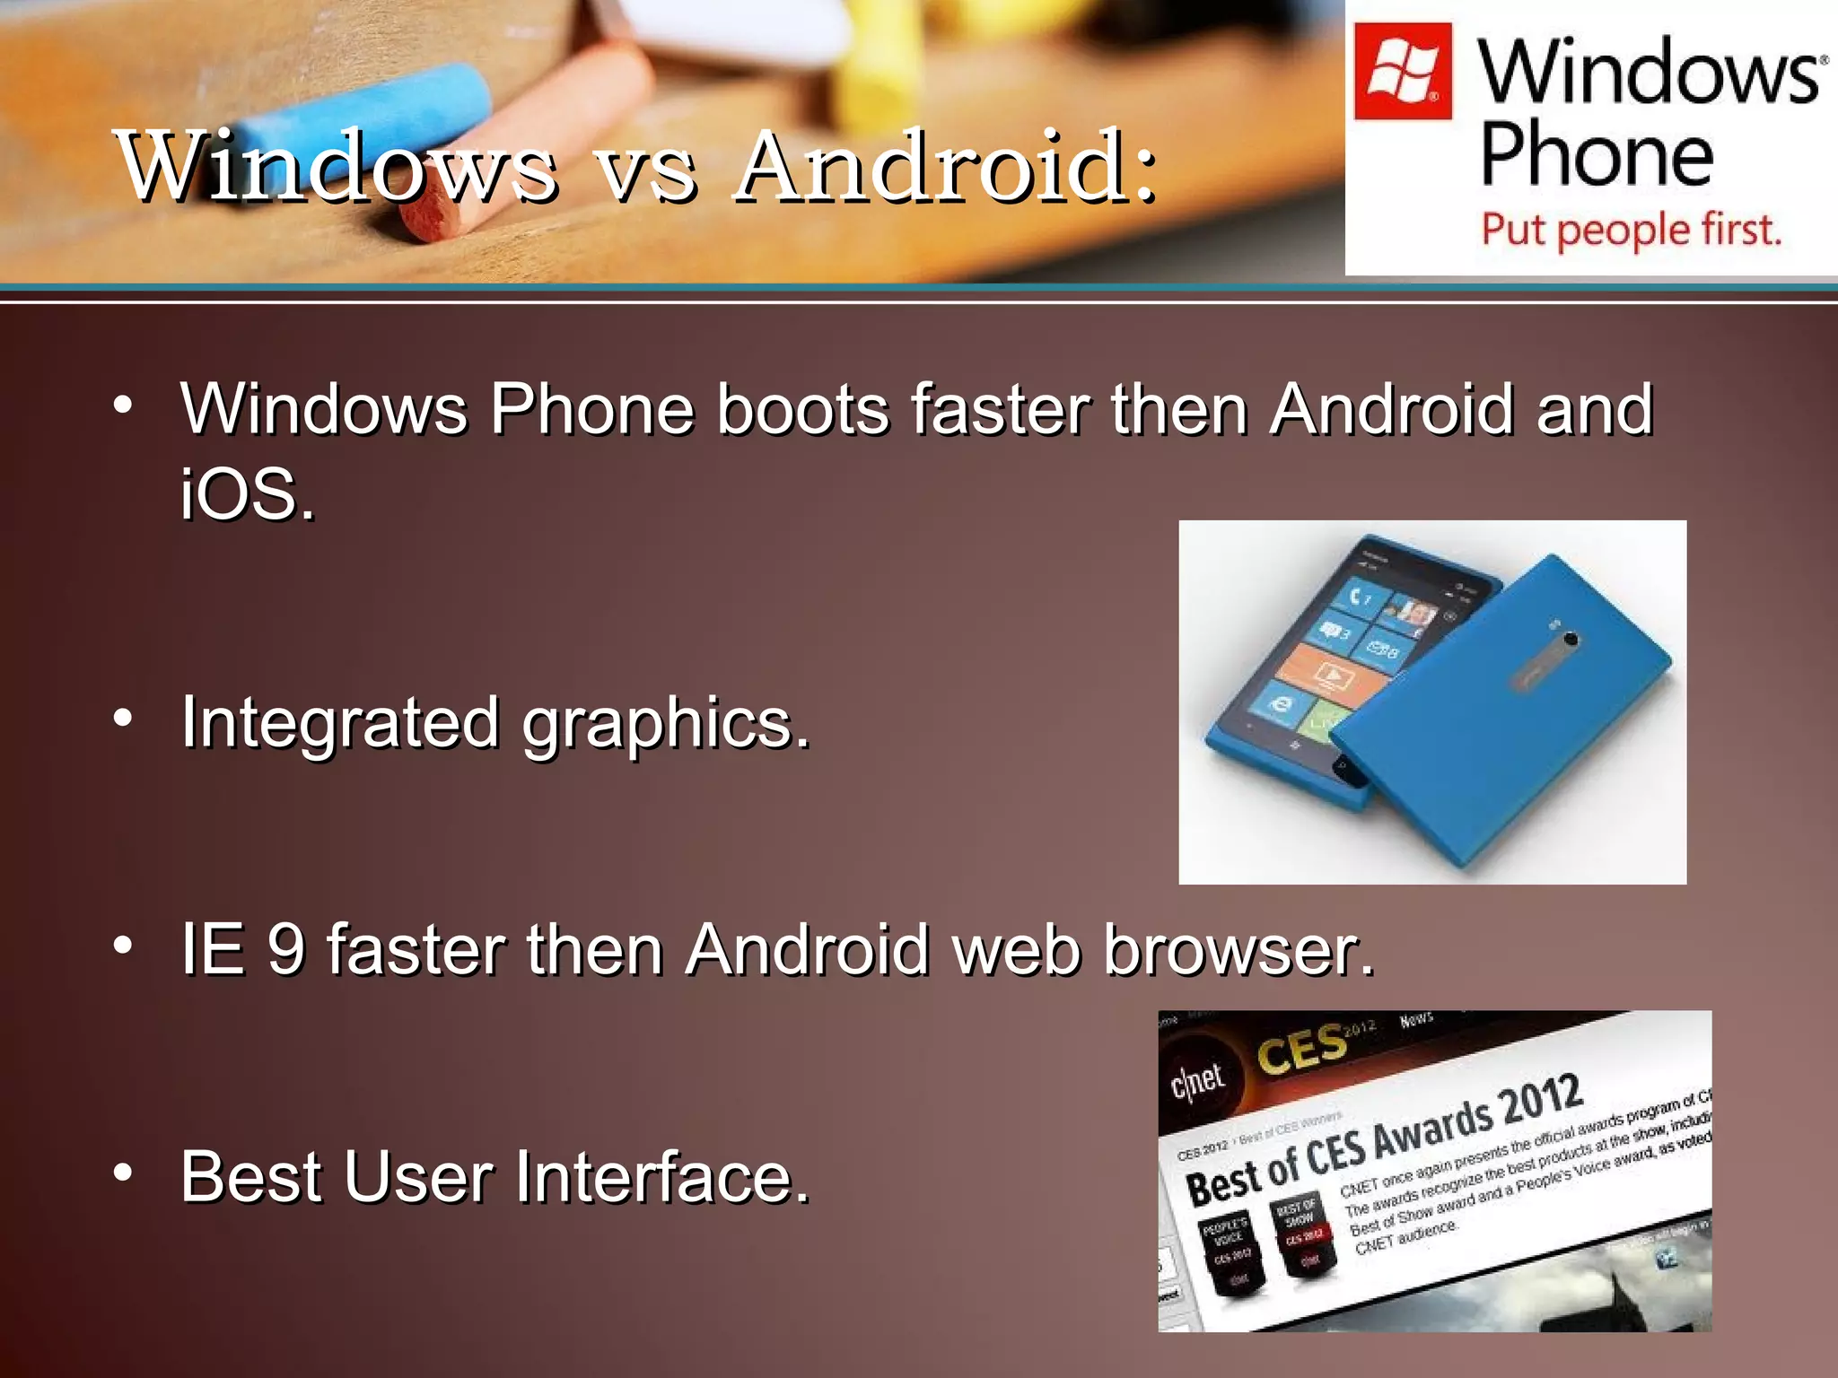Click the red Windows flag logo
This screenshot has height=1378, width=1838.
1402,72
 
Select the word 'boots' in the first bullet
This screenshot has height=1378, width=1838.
802,410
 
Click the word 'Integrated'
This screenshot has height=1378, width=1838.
339,722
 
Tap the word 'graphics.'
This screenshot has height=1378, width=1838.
666,725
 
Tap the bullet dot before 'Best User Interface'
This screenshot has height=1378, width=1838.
123,1172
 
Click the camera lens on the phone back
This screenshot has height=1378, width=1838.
1571,639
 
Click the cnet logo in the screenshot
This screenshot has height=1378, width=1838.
1197,1079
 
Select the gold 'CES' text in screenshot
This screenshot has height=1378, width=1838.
1301,1048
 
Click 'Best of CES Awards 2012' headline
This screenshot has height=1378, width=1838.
1382,1139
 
